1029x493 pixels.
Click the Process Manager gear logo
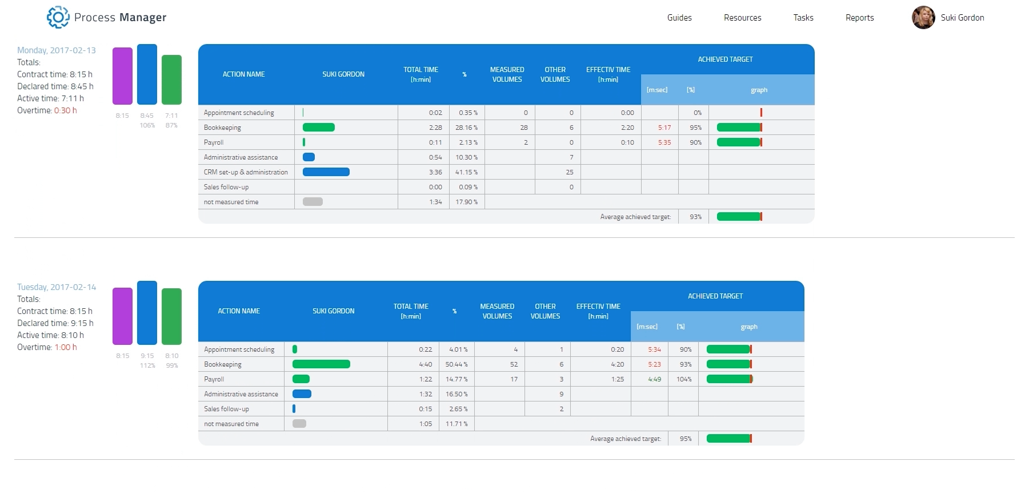(x=58, y=17)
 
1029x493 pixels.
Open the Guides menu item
(x=679, y=18)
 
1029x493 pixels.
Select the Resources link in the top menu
(x=742, y=18)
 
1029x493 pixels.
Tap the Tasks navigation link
(x=803, y=18)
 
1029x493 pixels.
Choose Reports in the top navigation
(x=859, y=18)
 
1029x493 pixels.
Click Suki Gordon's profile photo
(x=923, y=18)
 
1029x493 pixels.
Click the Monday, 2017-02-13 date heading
(x=57, y=50)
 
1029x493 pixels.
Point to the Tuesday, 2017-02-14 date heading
(x=57, y=287)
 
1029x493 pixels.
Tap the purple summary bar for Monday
(x=122, y=76)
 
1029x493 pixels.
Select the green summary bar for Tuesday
(x=171, y=316)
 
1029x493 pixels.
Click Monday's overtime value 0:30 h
(x=65, y=110)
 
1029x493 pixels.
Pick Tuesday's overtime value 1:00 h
(x=66, y=347)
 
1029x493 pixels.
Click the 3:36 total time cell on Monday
(x=435, y=172)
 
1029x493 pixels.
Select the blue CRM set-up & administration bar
(x=326, y=172)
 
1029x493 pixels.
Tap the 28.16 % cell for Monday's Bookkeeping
(x=466, y=128)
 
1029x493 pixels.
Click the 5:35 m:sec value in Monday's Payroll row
(x=664, y=142)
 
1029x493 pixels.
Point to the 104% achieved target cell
(x=684, y=379)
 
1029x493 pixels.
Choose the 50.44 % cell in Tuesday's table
(x=457, y=364)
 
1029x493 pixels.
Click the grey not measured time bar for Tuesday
(x=299, y=424)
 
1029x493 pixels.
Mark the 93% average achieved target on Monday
(x=695, y=217)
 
